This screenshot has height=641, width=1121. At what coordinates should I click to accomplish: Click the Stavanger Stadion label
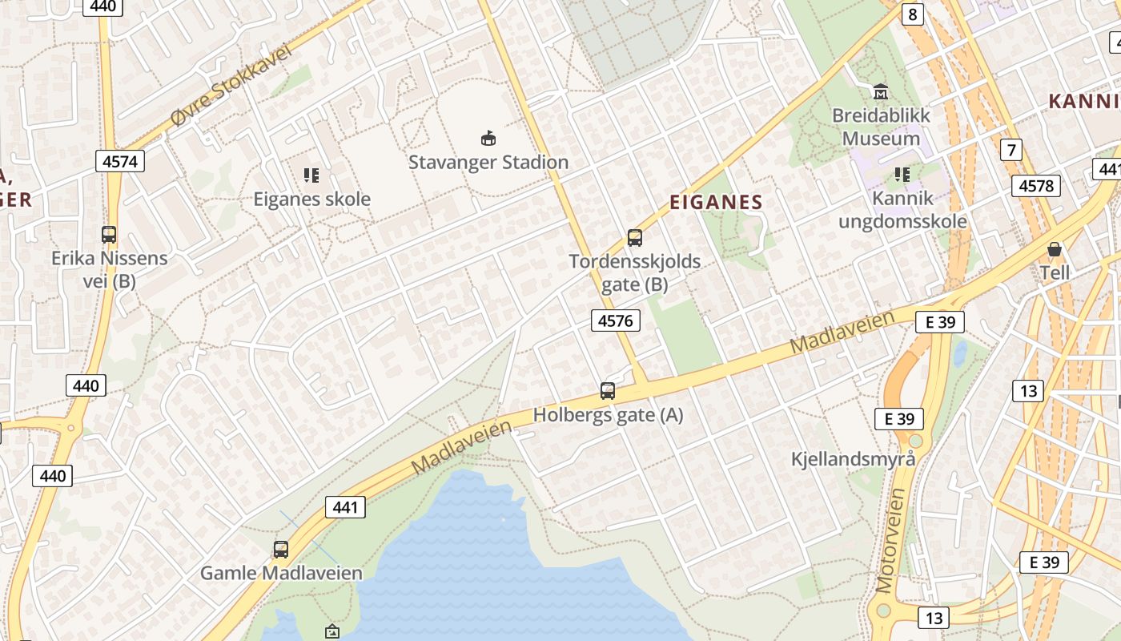(488, 162)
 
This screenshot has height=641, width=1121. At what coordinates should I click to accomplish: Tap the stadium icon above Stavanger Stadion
(488, 138)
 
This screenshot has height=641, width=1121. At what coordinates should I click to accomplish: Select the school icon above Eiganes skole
(311, 175)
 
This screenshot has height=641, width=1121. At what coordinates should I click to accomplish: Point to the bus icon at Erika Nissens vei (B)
(109, 235)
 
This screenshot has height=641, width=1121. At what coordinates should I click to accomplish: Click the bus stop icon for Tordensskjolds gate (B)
(635, 237)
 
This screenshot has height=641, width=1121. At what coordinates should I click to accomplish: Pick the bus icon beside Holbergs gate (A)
(608, 391)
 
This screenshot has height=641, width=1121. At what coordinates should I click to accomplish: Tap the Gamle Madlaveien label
(281, 573)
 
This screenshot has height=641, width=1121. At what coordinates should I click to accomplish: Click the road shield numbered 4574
(120, 161)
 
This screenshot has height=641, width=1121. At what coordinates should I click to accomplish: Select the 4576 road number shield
(616, 321)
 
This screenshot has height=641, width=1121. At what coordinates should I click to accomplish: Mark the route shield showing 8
(913, 14)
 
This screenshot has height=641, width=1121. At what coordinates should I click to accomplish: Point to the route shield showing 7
(1012, 149)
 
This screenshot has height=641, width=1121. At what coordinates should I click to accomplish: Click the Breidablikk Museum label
(881, 127)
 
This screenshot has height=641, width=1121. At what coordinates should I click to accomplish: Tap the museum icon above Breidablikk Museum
(881, 91)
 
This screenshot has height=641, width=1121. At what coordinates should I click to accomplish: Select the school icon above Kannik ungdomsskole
(902, 174)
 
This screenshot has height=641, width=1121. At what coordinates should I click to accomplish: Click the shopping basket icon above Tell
(1055, 249)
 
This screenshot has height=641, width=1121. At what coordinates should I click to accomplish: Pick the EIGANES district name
(716, 202)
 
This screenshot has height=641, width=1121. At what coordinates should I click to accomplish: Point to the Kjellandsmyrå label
(853, 459)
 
